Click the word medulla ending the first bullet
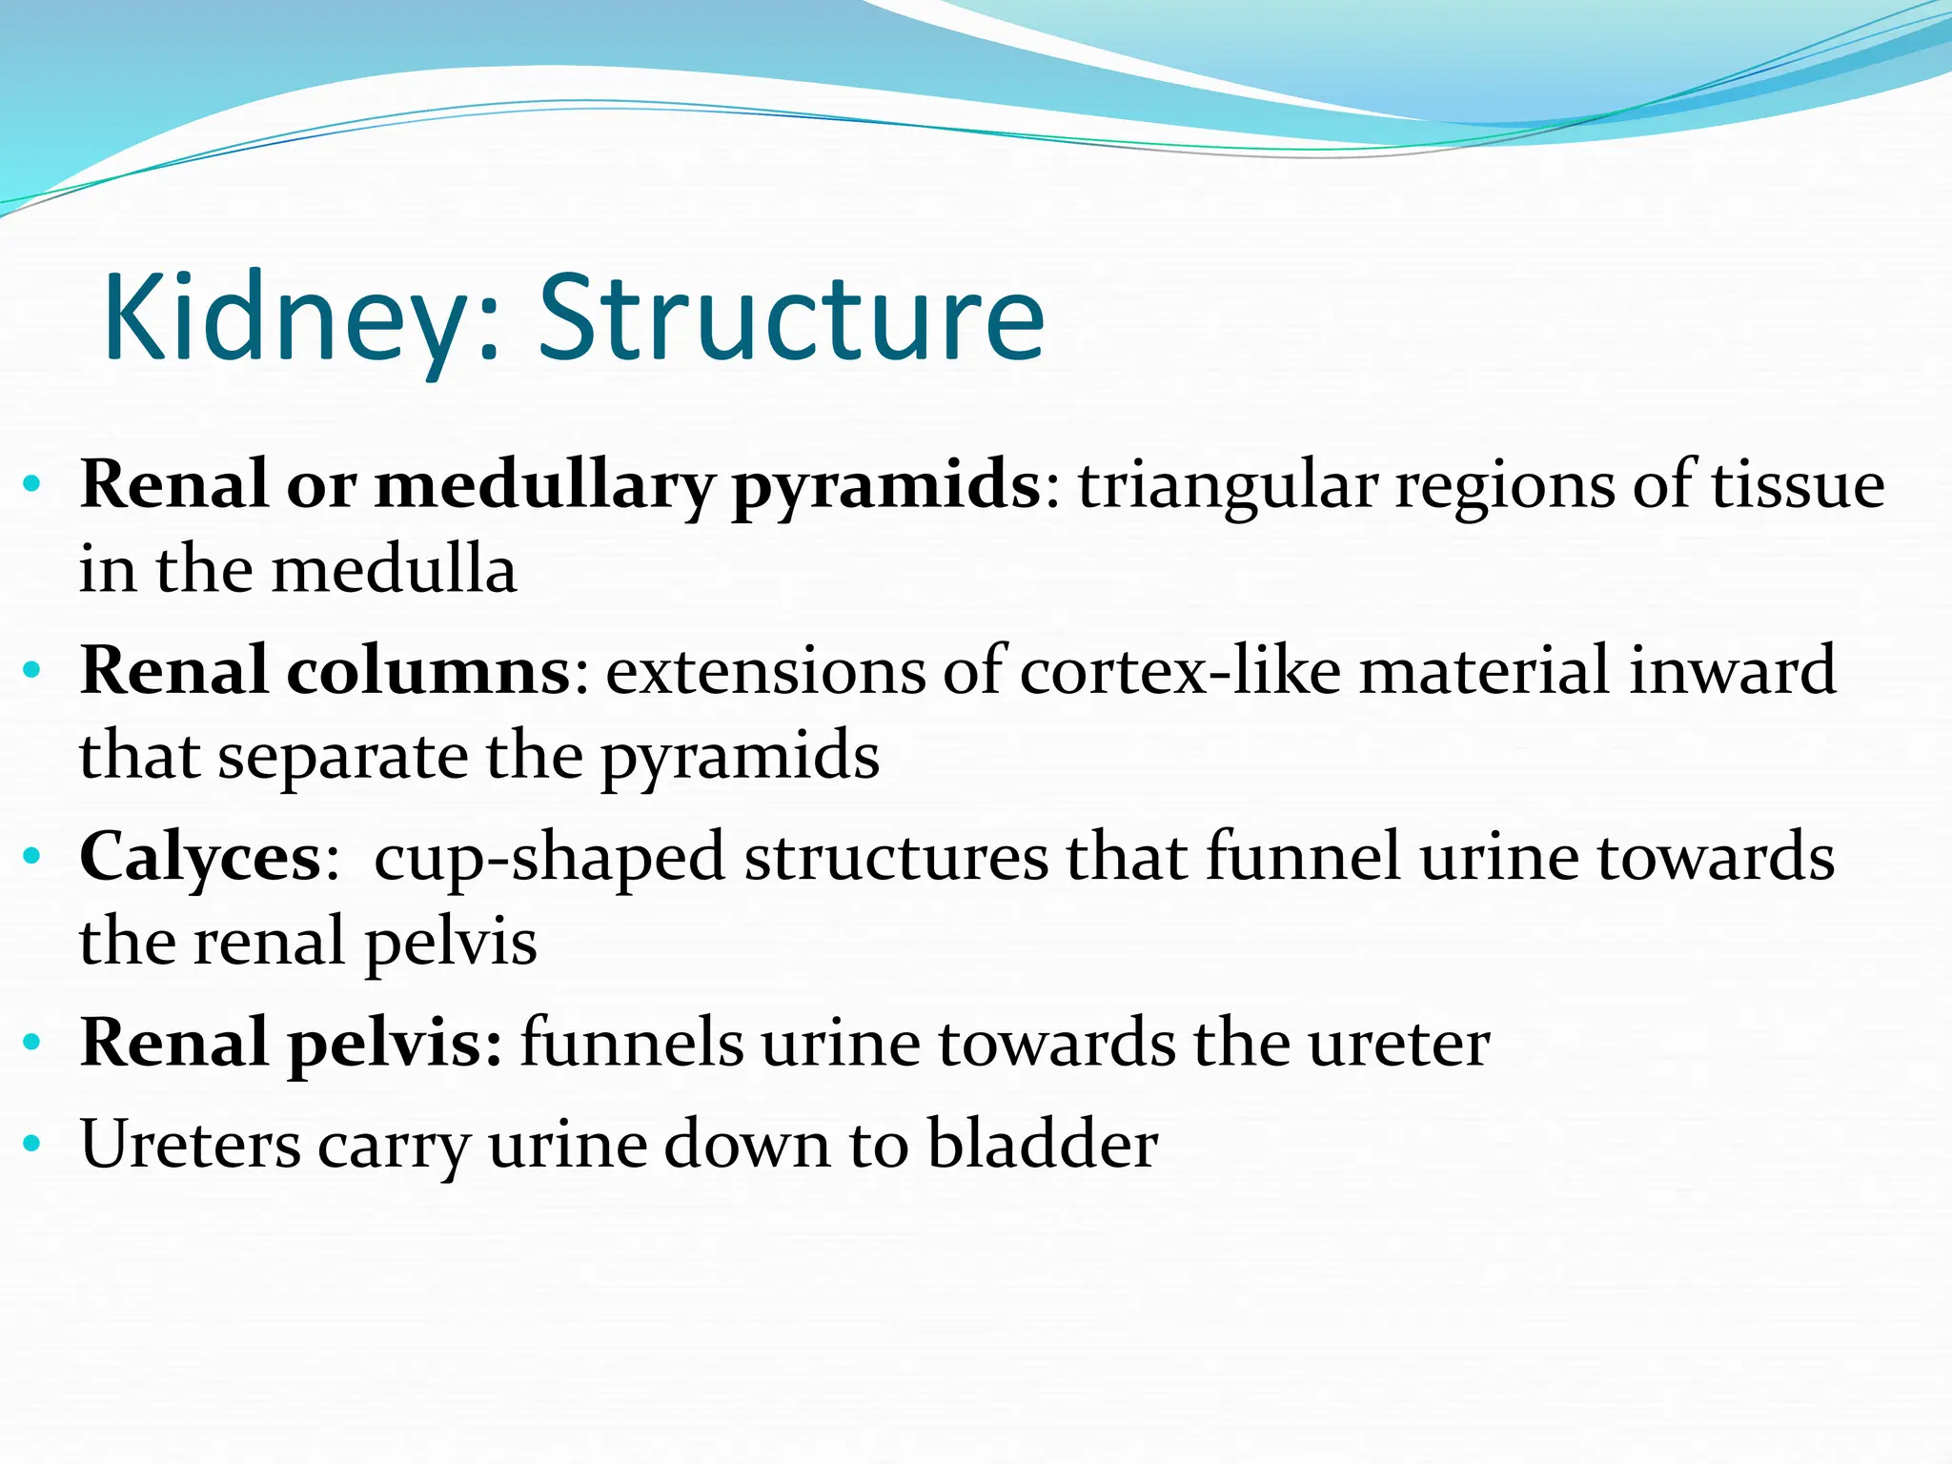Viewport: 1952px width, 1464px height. (395, 570)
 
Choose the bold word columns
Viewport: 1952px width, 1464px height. (429, 671)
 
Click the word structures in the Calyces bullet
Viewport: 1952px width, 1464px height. (896, 857)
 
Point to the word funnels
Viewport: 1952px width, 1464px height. (631, 1043)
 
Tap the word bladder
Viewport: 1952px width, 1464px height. (1043, 1144)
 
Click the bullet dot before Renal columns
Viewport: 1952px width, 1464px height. (32, 671)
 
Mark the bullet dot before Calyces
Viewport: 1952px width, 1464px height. (32, 857)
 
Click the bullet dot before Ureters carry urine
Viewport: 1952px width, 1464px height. (32, 1143)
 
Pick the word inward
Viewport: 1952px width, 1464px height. (1732, 671)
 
